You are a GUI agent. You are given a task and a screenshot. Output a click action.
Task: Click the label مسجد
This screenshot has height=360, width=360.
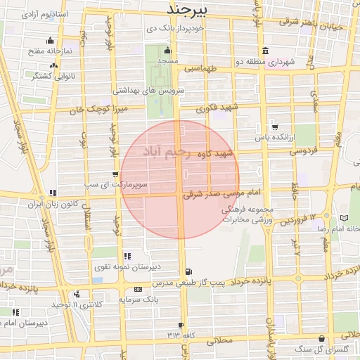[x=167, y=62]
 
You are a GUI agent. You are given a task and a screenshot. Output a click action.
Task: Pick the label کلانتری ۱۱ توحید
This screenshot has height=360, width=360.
[x=78, y=304]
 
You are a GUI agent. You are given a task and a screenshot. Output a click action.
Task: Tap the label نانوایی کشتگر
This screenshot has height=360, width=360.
[x=56, y=75]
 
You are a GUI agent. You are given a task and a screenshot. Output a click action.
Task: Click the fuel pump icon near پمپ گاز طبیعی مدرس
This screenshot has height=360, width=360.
[x=188, y=272]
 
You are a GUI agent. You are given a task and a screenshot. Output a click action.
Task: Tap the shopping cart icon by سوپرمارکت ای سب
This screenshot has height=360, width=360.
[x=115, y=174]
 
